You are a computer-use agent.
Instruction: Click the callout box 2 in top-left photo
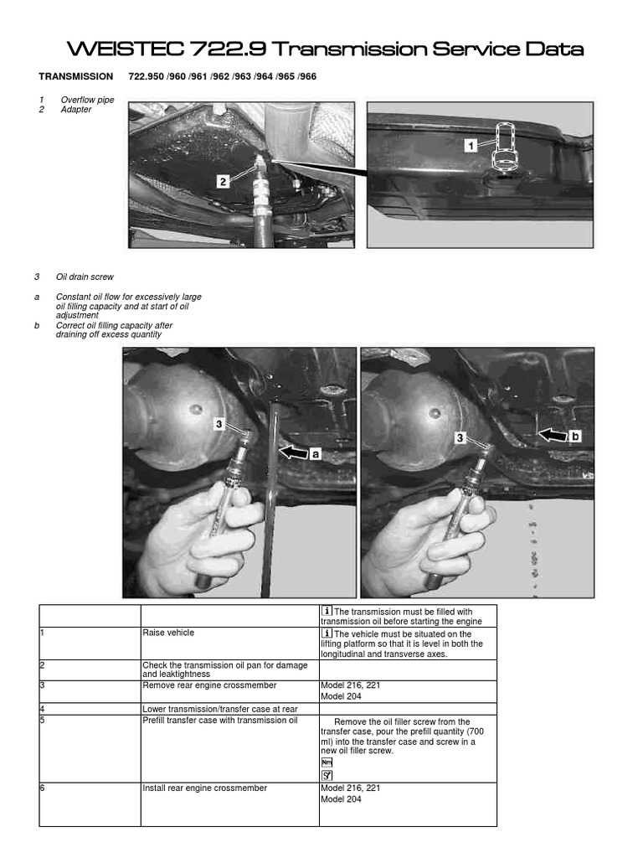coord(223,180)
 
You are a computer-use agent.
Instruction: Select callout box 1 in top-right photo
coord(471,145)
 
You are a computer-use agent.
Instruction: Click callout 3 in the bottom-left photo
coord(219,425)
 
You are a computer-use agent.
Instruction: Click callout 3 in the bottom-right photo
coord(460,437)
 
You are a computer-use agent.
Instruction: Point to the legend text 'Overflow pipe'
coord(86,100)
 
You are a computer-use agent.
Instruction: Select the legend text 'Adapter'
coord(76,109)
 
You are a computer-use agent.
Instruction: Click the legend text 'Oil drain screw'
coord(85,277)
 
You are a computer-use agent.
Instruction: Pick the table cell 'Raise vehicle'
coord(168,633)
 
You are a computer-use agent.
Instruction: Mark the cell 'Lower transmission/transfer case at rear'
coord(220,708)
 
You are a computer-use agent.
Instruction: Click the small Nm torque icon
coord(327,762)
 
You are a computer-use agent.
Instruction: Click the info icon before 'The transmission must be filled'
coord(327,611)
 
